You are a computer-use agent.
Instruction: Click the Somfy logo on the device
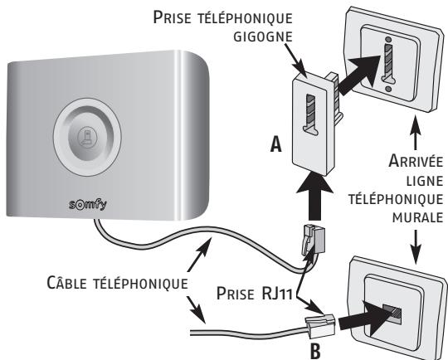pos(88,205)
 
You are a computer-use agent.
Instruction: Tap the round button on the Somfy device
pos(87,137)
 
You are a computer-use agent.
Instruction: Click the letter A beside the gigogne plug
pos(276,144)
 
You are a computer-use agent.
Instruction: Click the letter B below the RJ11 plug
pos(315,352)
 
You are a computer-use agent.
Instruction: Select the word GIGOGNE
pos(263,36)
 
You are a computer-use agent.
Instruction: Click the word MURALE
pos(417,217)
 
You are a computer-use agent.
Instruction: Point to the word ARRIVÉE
pos(416,161)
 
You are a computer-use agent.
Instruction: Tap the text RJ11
pos(276,293)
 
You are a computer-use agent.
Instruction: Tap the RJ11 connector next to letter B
pos(320,327)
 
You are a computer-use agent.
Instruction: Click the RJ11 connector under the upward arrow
pos(313,240)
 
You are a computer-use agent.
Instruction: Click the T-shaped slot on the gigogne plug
pos(310,114)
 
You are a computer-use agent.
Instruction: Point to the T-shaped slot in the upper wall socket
pos(388,65)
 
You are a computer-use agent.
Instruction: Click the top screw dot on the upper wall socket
pos(388,39)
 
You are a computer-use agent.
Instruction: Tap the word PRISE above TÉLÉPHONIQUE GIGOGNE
pos(172,17)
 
